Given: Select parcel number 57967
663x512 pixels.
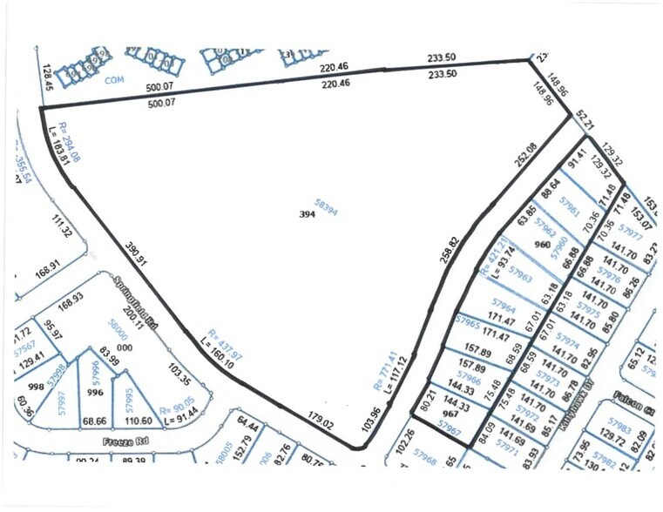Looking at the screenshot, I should (450, 426).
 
